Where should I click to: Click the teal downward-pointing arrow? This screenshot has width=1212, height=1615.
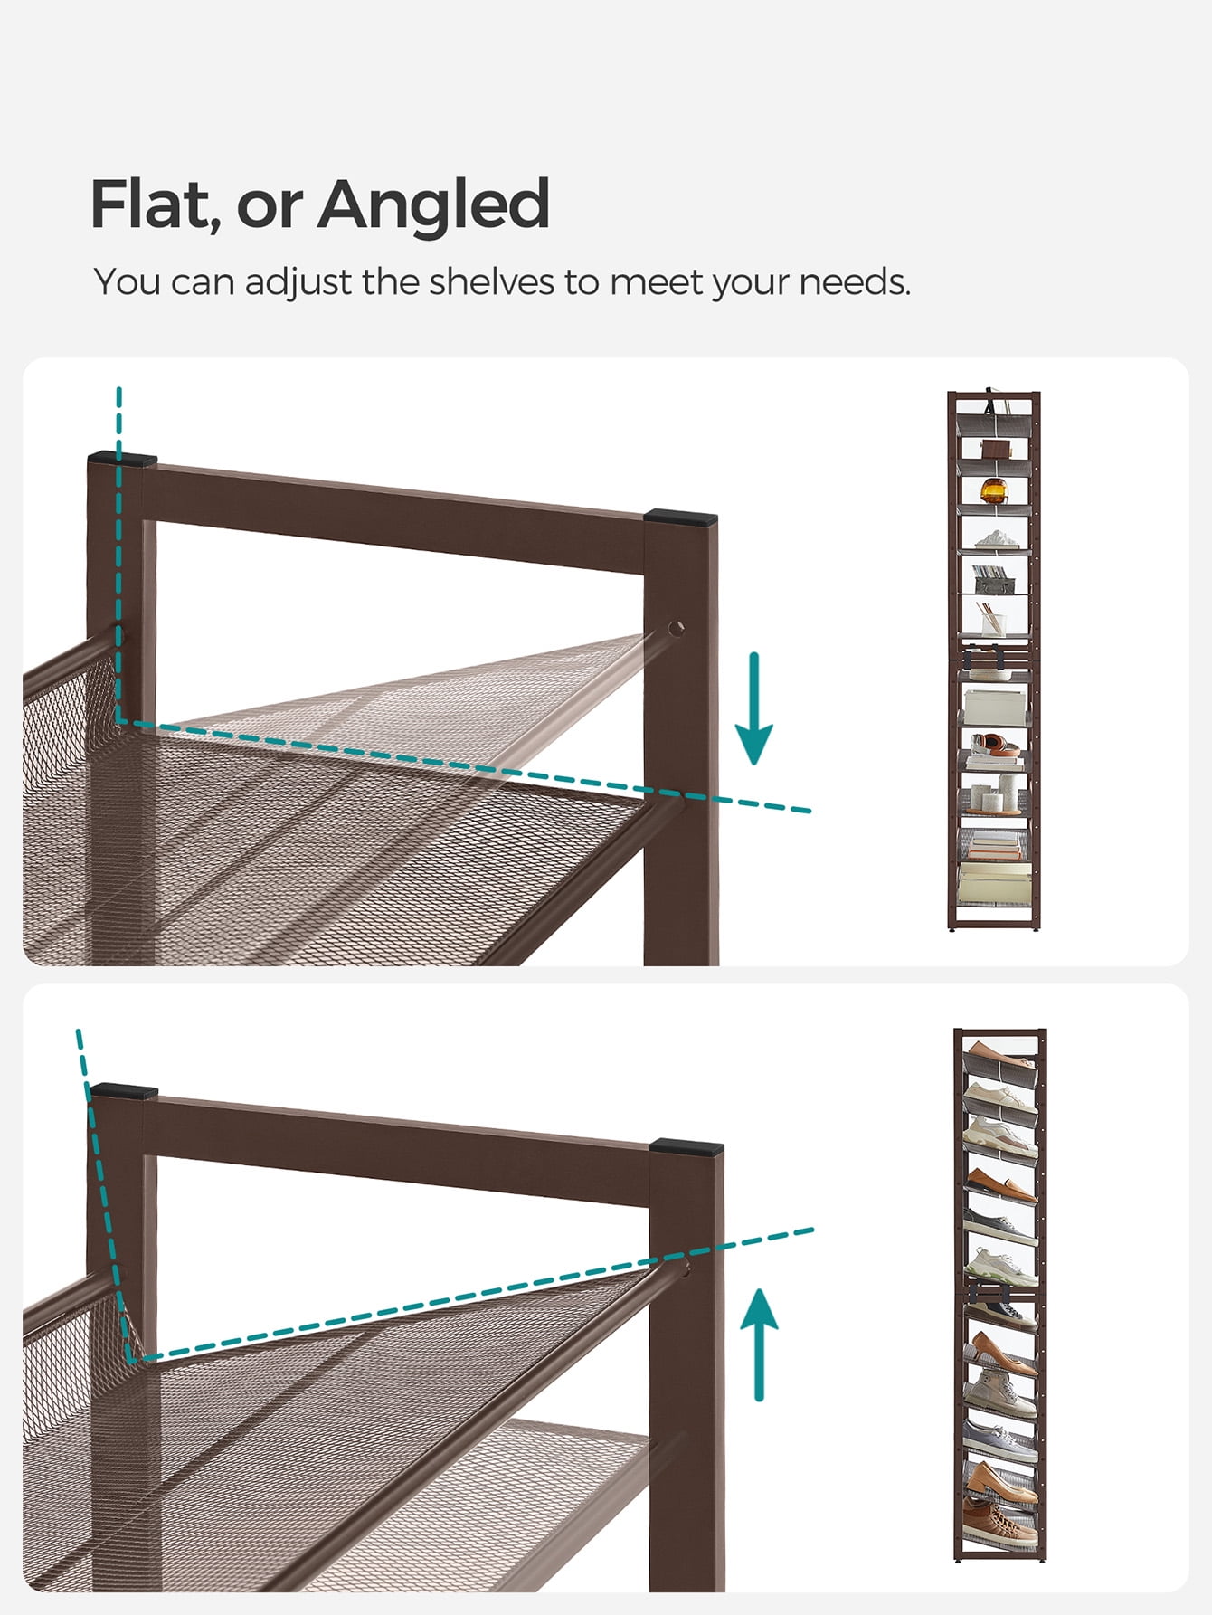[753, 708]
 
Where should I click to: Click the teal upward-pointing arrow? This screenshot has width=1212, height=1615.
[760, 1344]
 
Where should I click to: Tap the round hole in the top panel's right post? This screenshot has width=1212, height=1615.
[676, 628]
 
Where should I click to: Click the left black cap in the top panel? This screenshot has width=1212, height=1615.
[122, 459]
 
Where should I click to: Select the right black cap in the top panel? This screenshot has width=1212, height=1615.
[681, 518]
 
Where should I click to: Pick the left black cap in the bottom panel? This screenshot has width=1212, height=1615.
[124, 1091]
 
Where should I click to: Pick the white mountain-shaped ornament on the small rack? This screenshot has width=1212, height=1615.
[996, 539]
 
